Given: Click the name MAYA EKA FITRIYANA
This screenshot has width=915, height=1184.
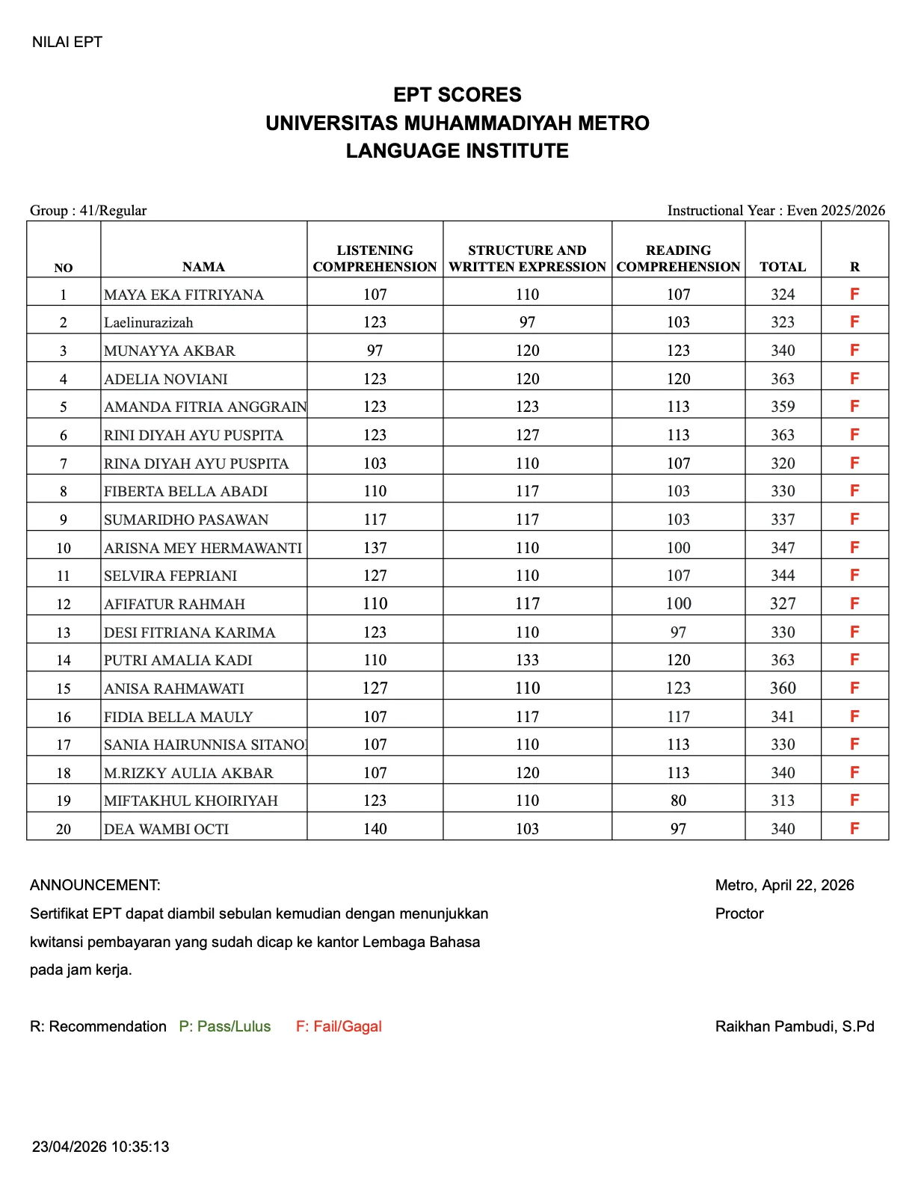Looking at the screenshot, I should click(x=184, y=295).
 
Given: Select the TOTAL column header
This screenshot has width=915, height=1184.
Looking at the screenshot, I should click(x=783, y=267).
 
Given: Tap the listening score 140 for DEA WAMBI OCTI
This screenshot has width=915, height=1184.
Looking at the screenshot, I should click(x=375, y=828).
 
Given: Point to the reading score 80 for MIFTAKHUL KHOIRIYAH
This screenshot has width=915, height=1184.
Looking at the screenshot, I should click(x=678, y=801).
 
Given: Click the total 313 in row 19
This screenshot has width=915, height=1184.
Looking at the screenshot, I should click(x=783, y=801).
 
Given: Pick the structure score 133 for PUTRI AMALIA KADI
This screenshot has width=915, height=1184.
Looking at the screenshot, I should click(x=527, y=660).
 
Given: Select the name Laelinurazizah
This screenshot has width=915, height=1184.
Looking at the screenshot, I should click(x=149, y=322).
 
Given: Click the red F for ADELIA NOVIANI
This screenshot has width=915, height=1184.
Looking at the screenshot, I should click(x=854, y=378).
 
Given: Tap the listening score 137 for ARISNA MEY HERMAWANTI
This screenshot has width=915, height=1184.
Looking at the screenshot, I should click(x=375, y=548).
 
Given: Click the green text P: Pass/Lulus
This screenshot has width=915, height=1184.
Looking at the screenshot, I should click(x=225, y=1026).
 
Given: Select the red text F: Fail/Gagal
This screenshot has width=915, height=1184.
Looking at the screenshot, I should click(x=339, y=1026).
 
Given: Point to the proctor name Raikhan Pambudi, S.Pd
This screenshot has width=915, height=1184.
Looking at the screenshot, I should click(x=795, y=1026).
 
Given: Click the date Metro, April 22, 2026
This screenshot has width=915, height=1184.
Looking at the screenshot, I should click(x=784, y=885).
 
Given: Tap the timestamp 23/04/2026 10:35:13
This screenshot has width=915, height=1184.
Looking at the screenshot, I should click(x=101, y=1147).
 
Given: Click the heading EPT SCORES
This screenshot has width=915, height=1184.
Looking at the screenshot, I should click(x=457, y=95).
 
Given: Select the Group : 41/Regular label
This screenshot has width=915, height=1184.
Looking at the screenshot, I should click(x=88, y=210).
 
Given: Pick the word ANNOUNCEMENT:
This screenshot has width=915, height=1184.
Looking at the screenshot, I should click(x=95, y=885).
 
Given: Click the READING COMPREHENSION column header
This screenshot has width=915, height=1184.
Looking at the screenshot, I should click(x=678, y=259).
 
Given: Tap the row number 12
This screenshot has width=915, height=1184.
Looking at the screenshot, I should click(x=64, y=604).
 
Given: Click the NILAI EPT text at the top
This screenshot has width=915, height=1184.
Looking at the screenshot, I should click(x=67, y=42).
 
